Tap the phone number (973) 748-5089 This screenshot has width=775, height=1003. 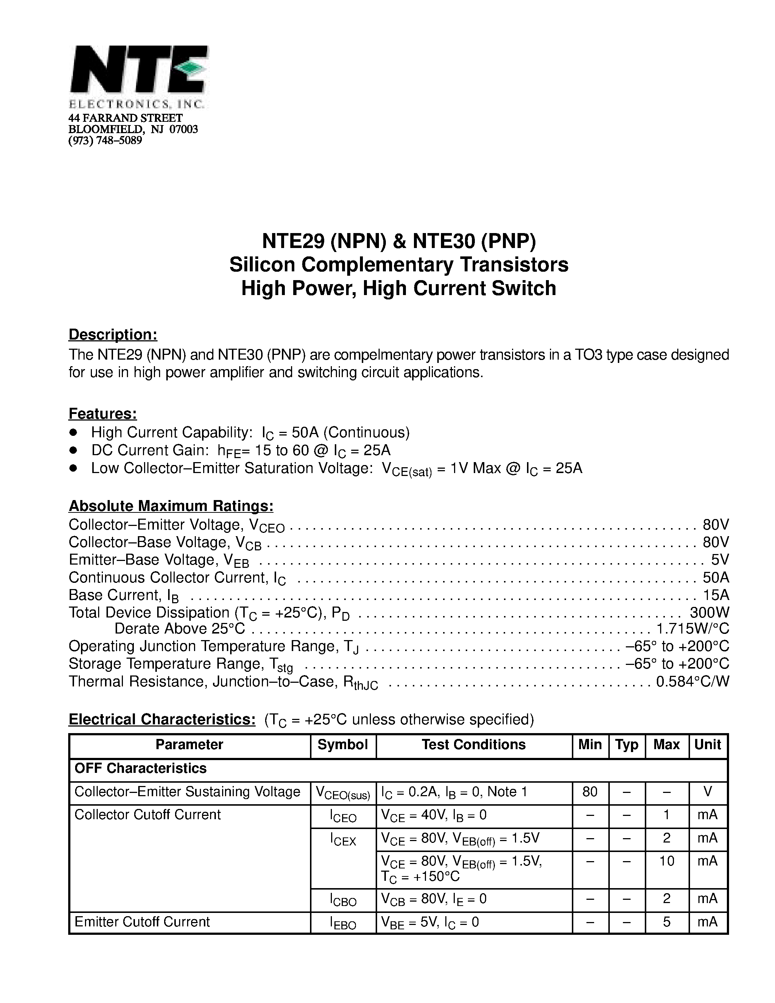pyautogui.click(x=105, y=140)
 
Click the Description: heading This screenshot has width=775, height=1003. pyautogui.click(x=113, y=334)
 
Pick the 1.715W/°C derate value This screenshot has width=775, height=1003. pyautogui.click(x=692, y=628)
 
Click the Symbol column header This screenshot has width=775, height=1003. pyautogui.click(x=342, y=744)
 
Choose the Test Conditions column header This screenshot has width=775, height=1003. pyautogui.click(x=473, y=744)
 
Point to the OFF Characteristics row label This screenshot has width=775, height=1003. pyautogui.click(x=140, y=768)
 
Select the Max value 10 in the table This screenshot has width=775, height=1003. pyautogui.click(x=666, y=861)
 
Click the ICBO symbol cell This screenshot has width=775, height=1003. pyautogui.click(x=342, y=900)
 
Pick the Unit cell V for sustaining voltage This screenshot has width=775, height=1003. pyautogui.click(x=708, y=792)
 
